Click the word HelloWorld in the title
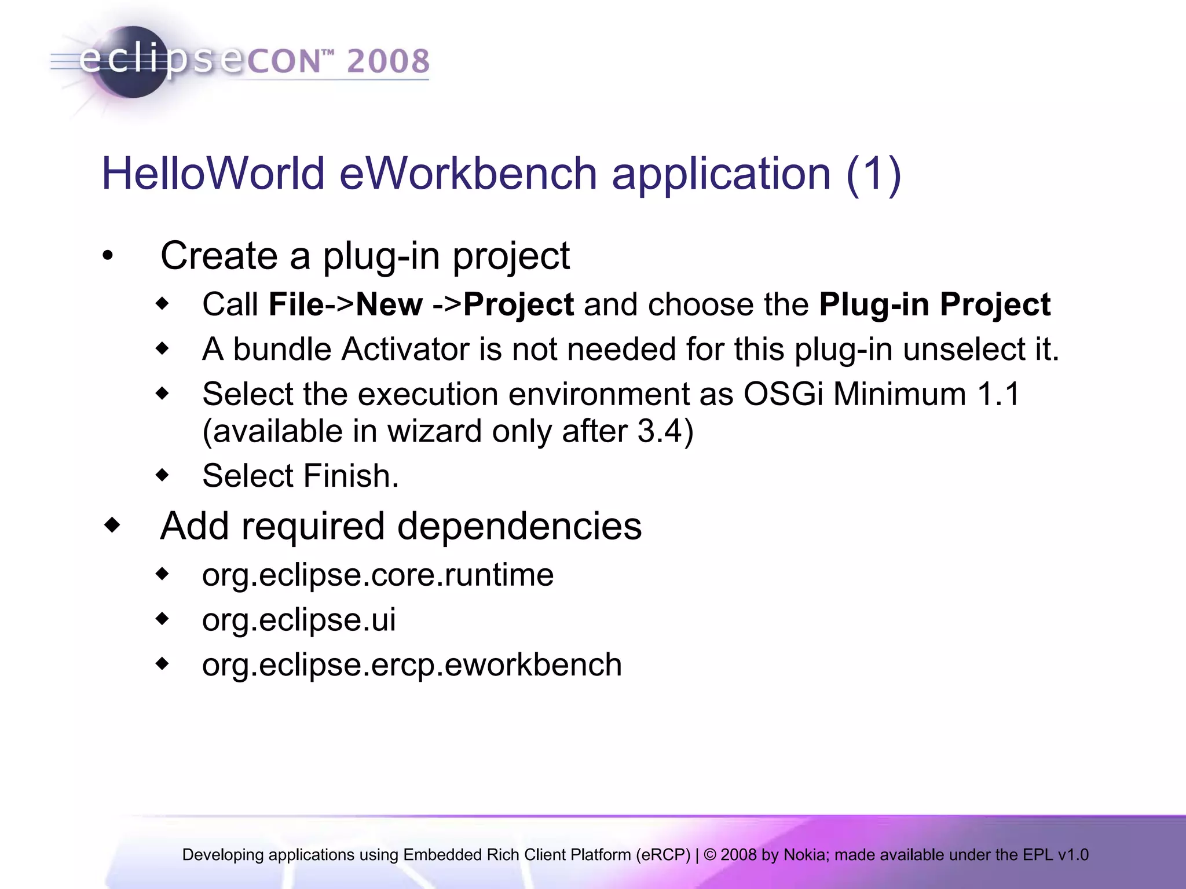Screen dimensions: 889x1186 coord(213,174)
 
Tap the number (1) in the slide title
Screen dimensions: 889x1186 coord(873,174)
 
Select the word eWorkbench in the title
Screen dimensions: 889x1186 coord(468,174)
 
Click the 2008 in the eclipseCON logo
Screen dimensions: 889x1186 coord(389,62)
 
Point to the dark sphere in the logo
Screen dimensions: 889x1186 coord(132,62)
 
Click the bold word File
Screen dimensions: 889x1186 coord(296,304)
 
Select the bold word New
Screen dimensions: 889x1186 coord(389,304)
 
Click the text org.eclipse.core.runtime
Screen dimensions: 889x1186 coord(378,575)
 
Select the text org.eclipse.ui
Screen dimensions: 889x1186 coord(299,620)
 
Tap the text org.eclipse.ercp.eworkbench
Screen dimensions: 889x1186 coord(412,664)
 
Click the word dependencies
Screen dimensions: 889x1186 coord(519,526)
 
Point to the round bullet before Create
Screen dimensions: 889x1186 coord(108,256)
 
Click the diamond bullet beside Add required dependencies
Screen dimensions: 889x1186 coord(112,526)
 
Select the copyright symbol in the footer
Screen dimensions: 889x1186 coord(710,855)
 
